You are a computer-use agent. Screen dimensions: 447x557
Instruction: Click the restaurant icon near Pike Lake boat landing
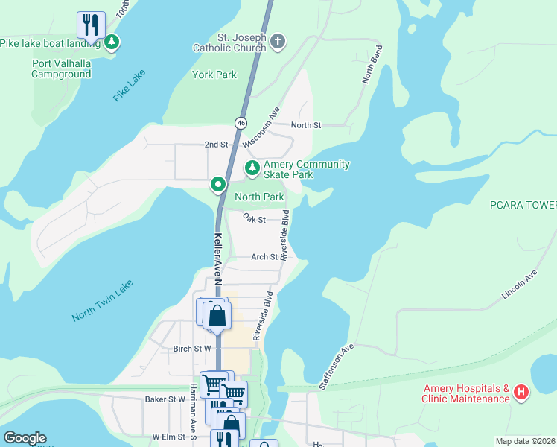[x=90, y=25]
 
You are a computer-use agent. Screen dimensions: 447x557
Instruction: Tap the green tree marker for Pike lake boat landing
[x=112, y=42]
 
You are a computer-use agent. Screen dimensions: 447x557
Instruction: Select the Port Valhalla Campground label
[x=62, y=69]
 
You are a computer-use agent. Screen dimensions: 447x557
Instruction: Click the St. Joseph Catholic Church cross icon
[x=277, y=41]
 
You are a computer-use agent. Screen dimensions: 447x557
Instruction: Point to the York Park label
[x=214, y=74]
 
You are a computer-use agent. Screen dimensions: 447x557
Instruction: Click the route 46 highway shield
[x=241, y=122]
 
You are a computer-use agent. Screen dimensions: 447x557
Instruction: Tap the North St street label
[x=306, y=125]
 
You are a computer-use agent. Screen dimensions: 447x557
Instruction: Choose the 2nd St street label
[x=216, y=144]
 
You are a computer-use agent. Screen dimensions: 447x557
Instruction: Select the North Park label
[x=259, y=197]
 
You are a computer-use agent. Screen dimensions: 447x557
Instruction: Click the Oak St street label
[x=255, y=219]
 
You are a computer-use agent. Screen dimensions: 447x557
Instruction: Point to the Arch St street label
[x=264, y=257]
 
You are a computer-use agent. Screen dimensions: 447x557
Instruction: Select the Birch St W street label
[x=192, y=348]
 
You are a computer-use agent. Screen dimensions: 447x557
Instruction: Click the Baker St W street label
[x=165, y=399]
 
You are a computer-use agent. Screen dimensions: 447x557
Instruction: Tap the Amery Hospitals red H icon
[x=522, y=392]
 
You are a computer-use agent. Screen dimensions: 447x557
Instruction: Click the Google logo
[x=25, y=438]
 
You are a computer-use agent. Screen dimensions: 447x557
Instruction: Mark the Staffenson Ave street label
[x=336, y=367]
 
